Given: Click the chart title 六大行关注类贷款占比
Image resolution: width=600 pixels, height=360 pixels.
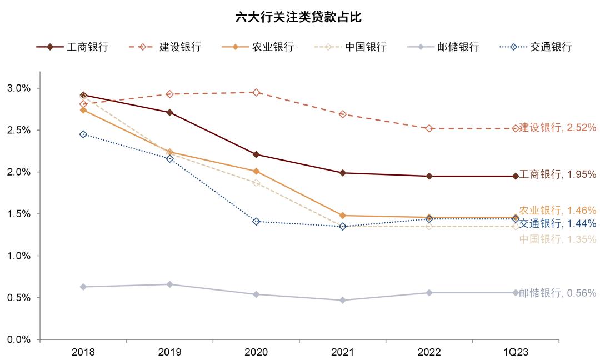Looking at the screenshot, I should (x=298, y=17).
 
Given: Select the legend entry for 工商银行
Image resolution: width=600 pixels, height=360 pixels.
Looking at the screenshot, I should (x=72, y=47).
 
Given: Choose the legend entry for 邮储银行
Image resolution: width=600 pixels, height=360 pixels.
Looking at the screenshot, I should (x=443, y=47).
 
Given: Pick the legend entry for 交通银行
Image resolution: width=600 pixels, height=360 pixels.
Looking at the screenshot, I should (x=536, y=47).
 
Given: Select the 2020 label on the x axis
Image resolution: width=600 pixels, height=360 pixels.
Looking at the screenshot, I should (x=256, y=352).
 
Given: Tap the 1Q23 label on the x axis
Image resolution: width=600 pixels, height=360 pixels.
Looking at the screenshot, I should (x=516, y=352).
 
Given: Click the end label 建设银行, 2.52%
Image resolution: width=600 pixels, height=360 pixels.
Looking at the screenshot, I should (x=557, y=128).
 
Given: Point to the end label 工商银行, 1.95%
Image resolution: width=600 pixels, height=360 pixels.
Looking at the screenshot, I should (x=557, y=175).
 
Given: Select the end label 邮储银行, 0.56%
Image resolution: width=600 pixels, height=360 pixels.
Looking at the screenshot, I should (x=557, y=293).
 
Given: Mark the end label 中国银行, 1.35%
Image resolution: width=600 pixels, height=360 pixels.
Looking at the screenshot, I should (x=557, y=239).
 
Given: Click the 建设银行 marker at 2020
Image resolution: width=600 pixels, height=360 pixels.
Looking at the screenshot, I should (x=256, y=93).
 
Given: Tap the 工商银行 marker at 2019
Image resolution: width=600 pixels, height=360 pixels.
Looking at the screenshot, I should (x=170, y=113).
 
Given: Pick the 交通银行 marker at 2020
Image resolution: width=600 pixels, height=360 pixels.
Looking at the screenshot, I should (x=256, y=222).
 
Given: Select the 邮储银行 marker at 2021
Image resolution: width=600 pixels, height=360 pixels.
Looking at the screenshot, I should (x=343, y=300).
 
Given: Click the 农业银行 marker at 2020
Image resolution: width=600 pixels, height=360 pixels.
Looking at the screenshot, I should (x=256, y=171).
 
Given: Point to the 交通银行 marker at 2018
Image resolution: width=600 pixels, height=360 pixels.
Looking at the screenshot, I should (x=83, y=134).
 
